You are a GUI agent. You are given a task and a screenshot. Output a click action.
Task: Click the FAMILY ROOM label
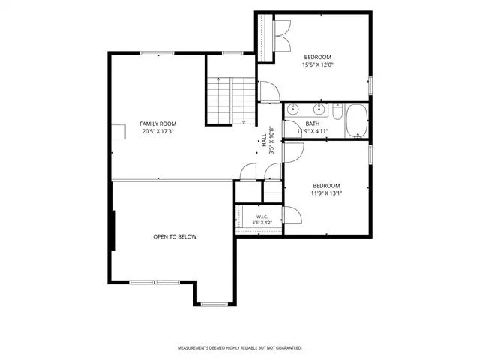pos(158,124)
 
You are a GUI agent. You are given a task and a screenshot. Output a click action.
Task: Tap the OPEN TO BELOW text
pos(175,237)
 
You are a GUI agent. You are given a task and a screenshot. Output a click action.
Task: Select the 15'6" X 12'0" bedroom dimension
pos(317,65)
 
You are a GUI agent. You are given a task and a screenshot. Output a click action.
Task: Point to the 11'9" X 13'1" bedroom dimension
pos(326,193)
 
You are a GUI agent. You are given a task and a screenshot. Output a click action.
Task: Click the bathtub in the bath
pos(357,121)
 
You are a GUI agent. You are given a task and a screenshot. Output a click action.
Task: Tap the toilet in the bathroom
pos(337,112)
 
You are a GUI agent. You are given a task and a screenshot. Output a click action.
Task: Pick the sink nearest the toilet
pos(319,109)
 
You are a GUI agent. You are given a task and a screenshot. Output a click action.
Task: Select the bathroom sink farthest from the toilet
pos(293,109)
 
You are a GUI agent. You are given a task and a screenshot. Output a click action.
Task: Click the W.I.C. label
pos(262,217)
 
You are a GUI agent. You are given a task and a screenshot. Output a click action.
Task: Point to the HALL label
pos(264,140)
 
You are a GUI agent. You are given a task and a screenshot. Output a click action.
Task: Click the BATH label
pos(313,124)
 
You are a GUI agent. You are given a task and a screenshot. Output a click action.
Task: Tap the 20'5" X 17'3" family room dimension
pos(158,132)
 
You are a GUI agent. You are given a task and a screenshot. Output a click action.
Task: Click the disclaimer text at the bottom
pos(240,348)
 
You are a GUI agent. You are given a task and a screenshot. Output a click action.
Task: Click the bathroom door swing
pos(293,128)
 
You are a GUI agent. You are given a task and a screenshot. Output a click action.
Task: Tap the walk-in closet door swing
pos(292,215)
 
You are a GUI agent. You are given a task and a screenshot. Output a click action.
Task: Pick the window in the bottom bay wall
pos(214,304)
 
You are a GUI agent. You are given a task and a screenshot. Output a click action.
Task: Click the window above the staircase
pos(232,53)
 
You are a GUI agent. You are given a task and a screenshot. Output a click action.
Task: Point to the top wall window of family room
pos(157,53)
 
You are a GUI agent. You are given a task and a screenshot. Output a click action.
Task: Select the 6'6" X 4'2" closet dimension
pos(262,223)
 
